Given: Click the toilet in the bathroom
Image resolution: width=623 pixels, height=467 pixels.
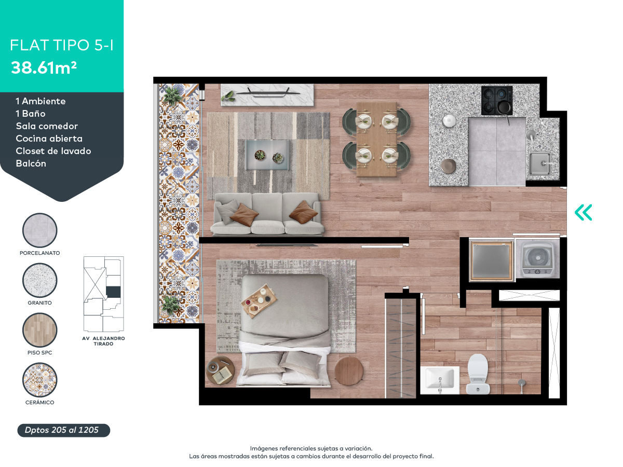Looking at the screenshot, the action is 478,374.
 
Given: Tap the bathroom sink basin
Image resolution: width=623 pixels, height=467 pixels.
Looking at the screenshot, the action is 440,380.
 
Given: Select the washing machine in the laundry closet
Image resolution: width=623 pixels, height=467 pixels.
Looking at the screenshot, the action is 537,259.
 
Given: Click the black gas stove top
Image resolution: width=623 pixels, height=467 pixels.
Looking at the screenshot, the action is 497,101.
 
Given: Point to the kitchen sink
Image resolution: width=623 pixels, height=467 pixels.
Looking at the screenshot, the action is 540,163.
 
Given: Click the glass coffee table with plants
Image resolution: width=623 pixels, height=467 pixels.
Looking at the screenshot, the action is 268,155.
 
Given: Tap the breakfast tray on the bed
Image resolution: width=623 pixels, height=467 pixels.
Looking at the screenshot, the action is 259,301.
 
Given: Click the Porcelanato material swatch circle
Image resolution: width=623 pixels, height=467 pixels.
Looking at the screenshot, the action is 40,230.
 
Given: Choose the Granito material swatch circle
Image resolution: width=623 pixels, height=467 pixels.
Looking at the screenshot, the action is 40,280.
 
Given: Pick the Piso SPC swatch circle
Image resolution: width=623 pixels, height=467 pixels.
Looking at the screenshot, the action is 40,330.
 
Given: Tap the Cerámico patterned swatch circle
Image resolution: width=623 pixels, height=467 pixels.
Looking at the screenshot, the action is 40,380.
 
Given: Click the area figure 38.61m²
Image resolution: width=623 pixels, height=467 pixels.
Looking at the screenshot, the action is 44,68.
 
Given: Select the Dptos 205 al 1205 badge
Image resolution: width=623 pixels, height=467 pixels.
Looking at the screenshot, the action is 63,431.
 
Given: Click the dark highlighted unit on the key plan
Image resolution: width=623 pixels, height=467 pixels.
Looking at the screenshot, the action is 113,292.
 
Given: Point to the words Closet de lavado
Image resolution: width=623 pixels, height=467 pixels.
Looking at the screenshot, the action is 53,151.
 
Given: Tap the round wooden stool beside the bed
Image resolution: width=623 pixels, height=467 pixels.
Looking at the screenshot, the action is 349,372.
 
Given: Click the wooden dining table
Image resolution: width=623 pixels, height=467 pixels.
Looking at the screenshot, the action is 376,139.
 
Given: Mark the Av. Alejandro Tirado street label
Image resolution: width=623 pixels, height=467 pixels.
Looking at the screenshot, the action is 104,341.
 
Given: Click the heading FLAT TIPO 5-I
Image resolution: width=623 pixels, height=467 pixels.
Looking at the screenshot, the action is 62,45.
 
